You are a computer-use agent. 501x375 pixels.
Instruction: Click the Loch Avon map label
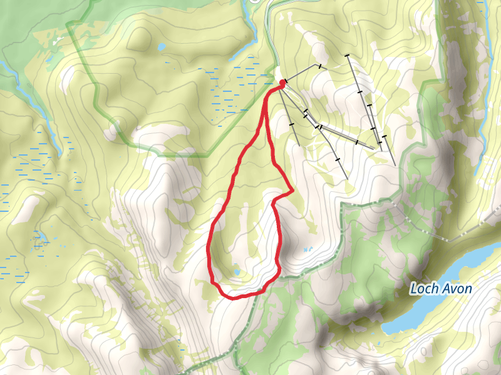[440, 289]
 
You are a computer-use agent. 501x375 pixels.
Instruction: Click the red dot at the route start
[282, 82]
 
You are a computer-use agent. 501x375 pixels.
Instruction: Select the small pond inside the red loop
[237, 273]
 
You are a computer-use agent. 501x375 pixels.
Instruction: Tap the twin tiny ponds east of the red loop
[307, 249]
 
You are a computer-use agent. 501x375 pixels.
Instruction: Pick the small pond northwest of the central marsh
[162, 46]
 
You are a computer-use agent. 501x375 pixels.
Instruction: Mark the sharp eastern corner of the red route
[292, 190]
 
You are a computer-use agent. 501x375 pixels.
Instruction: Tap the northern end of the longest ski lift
[348, 56]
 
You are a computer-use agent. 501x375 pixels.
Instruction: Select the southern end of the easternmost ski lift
[396, 165]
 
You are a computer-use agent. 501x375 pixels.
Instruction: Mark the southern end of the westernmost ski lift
[299, 146]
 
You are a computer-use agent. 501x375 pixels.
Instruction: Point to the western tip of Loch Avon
[383, 329]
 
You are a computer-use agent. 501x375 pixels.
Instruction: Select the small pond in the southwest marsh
[39, 237]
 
